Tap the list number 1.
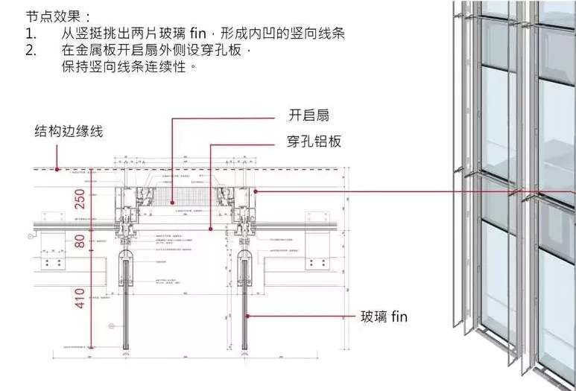(30, 34)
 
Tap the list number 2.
(31, 51)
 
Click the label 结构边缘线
(69, 132)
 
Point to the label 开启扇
(308, 115)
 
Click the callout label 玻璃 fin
(384, 317)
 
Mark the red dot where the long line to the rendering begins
(256, 191)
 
